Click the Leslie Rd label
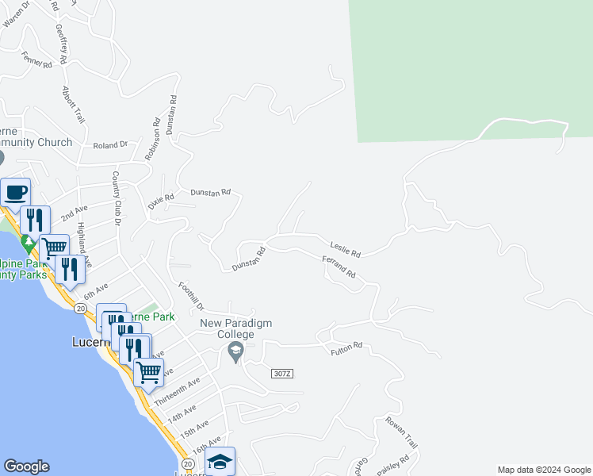click(x=346, y=248)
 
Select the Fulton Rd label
click(x=346, y=346)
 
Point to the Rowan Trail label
click(x=401, y=432)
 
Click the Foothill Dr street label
click(x=191, y=297)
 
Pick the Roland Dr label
click(x=110, y=145)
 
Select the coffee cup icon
click(x=16, y=192)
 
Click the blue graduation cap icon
click(x=220, y=461)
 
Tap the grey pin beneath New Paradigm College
click(x=235, y=353)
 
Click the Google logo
click(x=27, y=466)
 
